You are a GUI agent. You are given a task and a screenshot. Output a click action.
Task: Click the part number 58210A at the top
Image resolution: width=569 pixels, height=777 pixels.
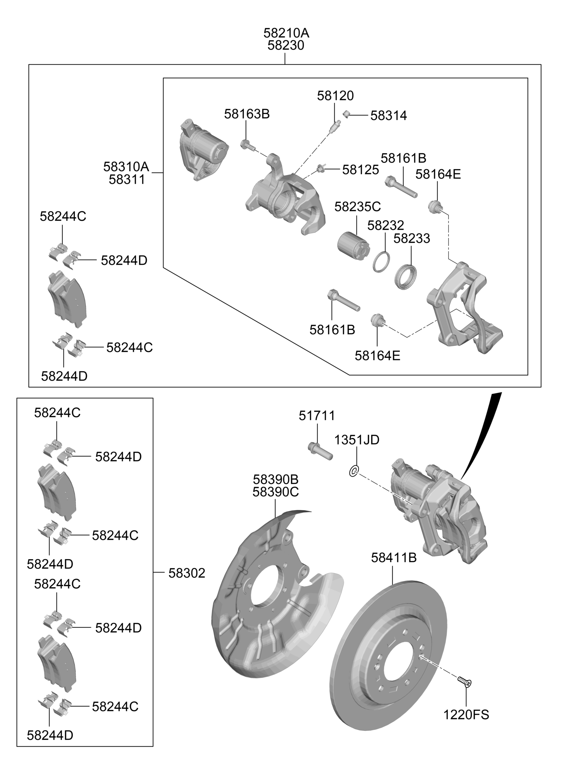tap(286, 33)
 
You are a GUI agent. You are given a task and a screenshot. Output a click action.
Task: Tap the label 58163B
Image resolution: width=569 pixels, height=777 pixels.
tap(247, 114)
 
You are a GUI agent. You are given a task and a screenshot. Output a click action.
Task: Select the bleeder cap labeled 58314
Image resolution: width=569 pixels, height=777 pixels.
tap(346, 114)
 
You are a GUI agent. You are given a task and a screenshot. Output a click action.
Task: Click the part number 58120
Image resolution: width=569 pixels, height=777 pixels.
tap(335, 96)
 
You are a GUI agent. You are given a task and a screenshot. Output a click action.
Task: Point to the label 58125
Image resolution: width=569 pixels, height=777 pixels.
tap(360, 170)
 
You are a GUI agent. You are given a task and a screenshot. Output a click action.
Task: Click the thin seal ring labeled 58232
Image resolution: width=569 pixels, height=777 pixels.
tap(381, 262)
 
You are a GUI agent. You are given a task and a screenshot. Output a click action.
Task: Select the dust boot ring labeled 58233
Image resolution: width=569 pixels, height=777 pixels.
tap(406, 277)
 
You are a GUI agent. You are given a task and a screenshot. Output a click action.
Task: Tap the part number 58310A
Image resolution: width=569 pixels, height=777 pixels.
tap(126, 167)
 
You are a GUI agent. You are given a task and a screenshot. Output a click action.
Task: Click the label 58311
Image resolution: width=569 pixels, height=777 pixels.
tap(127, 179)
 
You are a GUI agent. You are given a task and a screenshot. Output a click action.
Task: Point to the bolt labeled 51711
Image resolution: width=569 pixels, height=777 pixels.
tap(320, 451)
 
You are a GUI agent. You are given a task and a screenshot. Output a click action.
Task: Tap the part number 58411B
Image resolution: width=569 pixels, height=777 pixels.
tap(393, 558)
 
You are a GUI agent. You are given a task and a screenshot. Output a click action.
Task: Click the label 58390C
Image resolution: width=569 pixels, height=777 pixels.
tap(276, 492)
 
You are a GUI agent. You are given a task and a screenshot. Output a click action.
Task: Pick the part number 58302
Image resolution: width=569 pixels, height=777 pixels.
tap(187, 573)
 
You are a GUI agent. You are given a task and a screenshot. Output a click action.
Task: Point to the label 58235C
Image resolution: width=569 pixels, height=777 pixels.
tap(358, 207)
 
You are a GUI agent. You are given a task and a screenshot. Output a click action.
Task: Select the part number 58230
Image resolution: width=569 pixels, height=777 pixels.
tap(286, 45)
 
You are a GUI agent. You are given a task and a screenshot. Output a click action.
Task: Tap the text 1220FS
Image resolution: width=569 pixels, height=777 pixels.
tap(466, 715)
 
